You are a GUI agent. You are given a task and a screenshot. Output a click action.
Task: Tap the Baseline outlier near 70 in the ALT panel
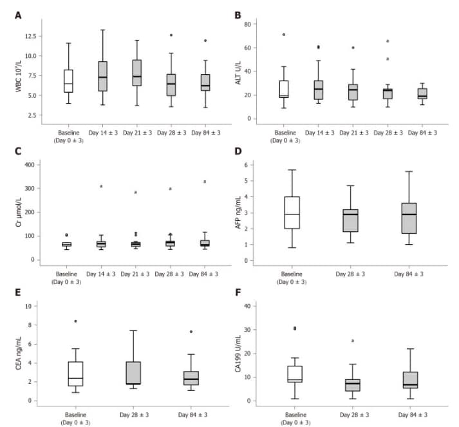(284, 34)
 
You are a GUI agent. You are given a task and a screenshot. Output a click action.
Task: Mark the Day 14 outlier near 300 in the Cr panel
(101, 186)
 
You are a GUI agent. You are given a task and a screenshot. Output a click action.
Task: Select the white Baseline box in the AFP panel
(292, 213)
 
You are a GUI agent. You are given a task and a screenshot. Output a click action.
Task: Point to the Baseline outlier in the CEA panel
(75, 321)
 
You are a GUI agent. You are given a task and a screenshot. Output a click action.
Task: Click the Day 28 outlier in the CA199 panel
(353, 341)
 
